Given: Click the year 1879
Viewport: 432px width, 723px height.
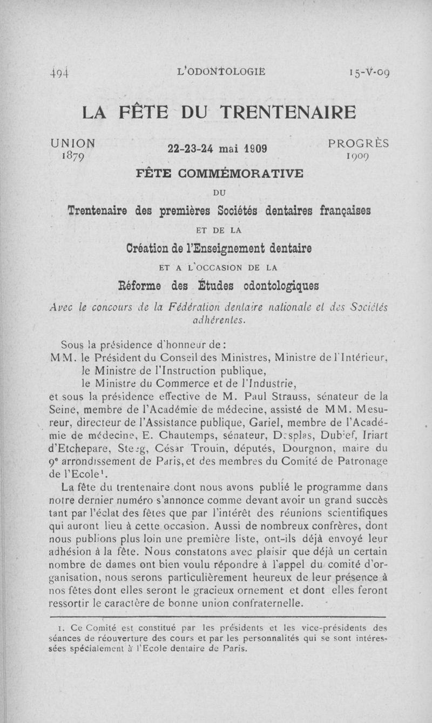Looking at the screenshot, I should tap(75, 155).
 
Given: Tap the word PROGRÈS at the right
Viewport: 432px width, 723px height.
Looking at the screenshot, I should tap(358, 144).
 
